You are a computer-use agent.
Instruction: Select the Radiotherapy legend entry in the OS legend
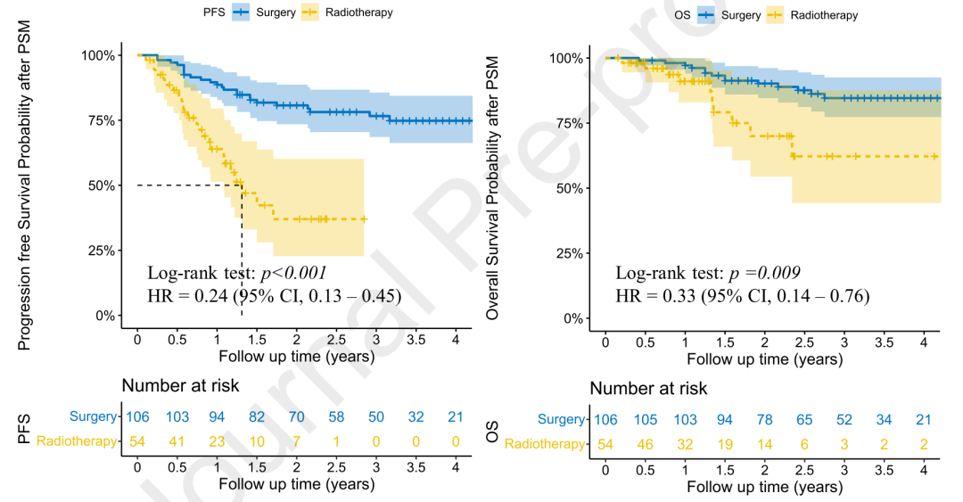pyautogui.click(x=823, y=15)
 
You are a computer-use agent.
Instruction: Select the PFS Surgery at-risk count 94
pyautogui.click(x=217, y=416)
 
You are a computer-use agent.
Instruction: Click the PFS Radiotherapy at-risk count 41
pyautogui.click(x=177, y=440)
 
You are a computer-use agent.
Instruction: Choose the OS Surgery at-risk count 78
pyautogui.click(x=763, y=420)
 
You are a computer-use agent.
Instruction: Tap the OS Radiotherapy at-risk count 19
pyautogui.click(x=724, y=444)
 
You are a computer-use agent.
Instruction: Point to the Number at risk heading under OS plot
pyautogui.click(x=648, y=389)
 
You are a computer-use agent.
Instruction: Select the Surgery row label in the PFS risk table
pyautogui.click(x=91, y=416)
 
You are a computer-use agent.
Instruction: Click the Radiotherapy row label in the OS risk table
pyautogui.click(x=545, y=444)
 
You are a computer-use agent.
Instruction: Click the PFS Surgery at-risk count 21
pyautogui.click(x=457, y=416)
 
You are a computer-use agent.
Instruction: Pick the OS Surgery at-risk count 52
pyautogui.click(x=844, y=420)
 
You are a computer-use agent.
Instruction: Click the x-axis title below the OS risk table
pyautogui.click(x=764, y=488)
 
